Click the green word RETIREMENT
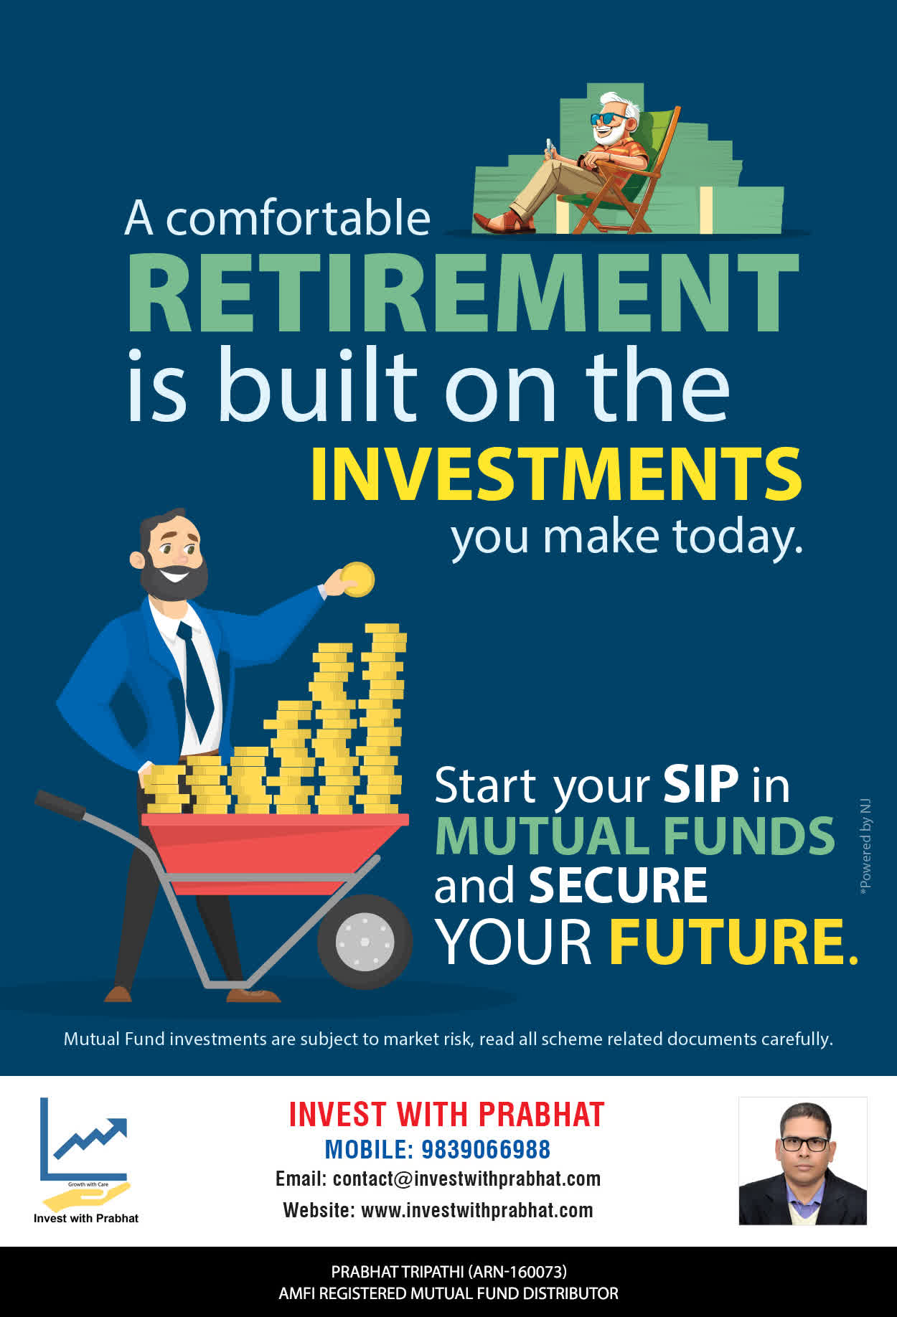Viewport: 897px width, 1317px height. tap(463, 292)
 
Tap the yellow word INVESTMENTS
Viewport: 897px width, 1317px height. tap(556, 474)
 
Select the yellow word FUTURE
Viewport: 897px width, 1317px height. tap(733, 941)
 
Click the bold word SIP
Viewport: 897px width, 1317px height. tap(700, 784)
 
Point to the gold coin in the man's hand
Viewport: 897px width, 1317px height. tap(357, 579)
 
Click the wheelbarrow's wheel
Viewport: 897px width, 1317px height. tap(365, 941)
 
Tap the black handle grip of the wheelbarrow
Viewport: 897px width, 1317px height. tap(60, 804)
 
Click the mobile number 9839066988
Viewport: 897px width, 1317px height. tap(486, 1149)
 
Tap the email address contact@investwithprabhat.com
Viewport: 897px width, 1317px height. tap(466, 1179)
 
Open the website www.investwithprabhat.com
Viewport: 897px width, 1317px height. tap(477, 1210)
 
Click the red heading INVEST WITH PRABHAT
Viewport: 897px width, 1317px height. tap(446, 1114)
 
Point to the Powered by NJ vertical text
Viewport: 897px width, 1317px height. tap(865, 846)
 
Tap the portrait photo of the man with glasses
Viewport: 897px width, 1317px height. tap(803, 1161)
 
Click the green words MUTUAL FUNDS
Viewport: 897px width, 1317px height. tap(635, 836)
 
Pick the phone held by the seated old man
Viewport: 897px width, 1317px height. tap(550, 146)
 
